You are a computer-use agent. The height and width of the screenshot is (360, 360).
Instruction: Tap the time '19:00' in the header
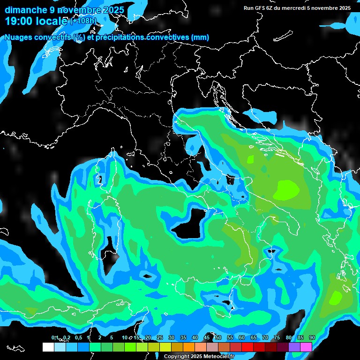(20, 21)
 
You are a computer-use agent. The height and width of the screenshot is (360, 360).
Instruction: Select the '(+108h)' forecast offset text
(83, 21)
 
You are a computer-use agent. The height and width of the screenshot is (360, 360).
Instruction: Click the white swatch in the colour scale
(48, 347)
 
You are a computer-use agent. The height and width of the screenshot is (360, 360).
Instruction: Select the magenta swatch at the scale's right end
(306, 347)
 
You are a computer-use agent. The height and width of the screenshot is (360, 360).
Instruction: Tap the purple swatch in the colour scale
(294, 347)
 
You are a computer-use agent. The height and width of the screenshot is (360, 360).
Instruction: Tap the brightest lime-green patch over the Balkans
(286, 189)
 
